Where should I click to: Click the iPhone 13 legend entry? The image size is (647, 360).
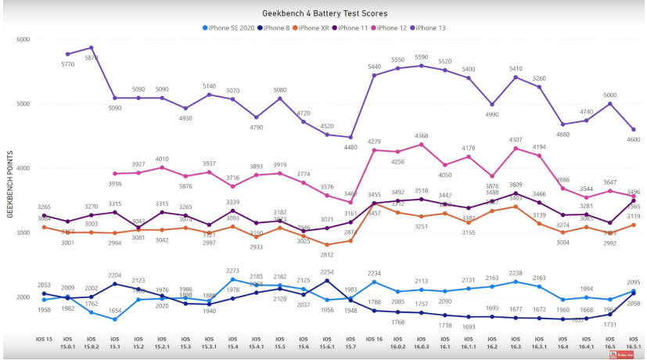point(431,28)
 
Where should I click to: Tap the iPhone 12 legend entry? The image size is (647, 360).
point(394,28)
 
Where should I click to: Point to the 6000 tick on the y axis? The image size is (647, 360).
point(23,39)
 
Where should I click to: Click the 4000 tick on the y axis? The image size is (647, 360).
point(23,168)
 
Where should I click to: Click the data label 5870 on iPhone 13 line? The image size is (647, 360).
point(91,58)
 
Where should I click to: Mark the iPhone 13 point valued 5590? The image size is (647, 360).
point(422,66)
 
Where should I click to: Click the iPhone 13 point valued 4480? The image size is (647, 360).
point(350,137)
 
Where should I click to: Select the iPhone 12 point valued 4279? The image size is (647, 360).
point(374,150)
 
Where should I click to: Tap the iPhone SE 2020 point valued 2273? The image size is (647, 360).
point(232,279)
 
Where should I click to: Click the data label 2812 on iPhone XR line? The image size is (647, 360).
point(327,254)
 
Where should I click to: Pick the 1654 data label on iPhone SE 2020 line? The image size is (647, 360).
point(114,311)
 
